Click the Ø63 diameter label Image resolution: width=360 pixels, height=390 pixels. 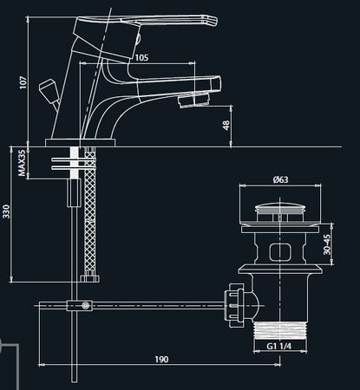coord(280,179)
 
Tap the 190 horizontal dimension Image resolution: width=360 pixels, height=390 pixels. coord(161,359)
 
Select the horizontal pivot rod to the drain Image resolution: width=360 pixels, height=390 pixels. coord(156,304)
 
